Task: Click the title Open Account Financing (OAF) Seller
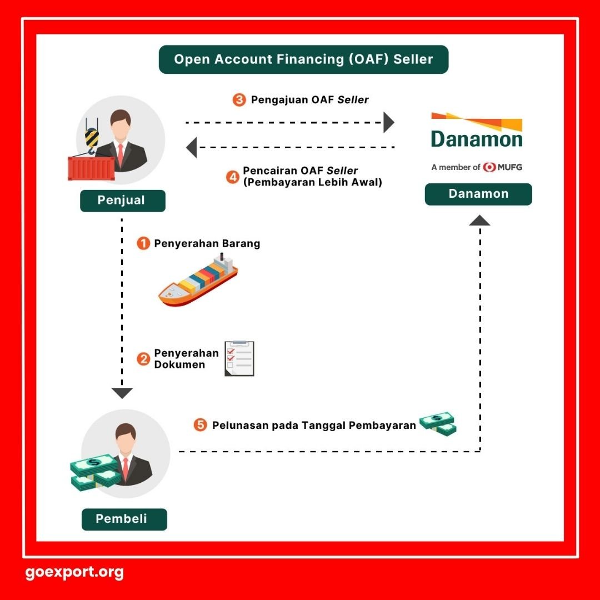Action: [x=303, y=59]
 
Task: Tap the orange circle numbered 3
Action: [x=239, y=101]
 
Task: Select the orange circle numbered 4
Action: [x=233, y=177]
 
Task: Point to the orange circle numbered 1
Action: [x=143, y=243]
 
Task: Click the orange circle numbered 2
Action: [x=143, y=359]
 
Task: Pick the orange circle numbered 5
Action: [x=201, y=426]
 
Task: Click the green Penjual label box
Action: [x=122, y=201]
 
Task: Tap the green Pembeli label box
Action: [x=124, y=519]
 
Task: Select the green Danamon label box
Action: [x=478, y=194]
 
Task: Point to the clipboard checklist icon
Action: [x=239, y=358]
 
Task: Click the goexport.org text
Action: [x=74, y=572]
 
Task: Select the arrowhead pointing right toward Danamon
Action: [x=388, y=122]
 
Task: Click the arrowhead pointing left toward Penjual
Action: [x=192, y=148]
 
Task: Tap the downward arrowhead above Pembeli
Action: [x=122, y=393]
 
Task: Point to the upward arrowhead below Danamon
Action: [x=479, y=221]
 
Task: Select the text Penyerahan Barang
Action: [x=207, y=243]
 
